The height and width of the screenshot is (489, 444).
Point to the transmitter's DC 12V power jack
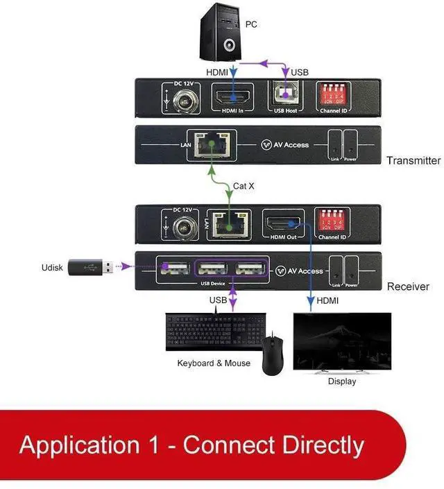coord(184,102)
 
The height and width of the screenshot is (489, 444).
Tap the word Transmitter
coord(413,160)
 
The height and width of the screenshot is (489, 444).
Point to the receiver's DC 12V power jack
coord(183,227)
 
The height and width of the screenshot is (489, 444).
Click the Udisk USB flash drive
coord(89,266)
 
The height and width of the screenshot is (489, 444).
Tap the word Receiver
coord(408,286)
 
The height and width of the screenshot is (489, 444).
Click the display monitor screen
coord(342,341)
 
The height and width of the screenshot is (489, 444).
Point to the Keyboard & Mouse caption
coord(214,363)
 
